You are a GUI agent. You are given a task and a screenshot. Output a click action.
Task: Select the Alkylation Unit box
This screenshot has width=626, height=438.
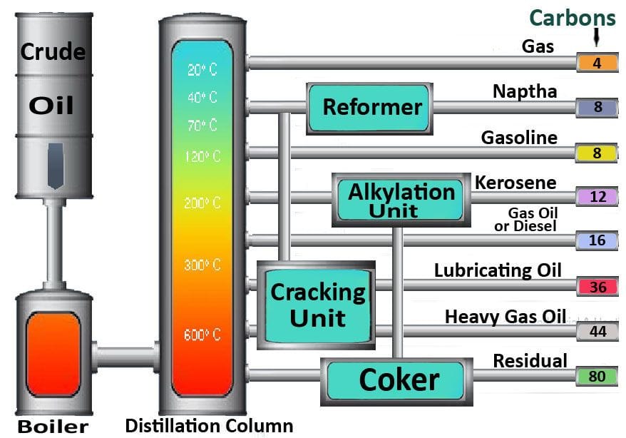[401, 198]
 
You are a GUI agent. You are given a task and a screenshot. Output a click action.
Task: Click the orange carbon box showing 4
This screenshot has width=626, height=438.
[597, 63]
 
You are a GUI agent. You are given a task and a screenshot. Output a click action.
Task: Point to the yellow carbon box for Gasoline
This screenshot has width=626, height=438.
[597, 152]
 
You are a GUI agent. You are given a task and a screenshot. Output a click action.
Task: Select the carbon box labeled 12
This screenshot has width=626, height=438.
[597, 196]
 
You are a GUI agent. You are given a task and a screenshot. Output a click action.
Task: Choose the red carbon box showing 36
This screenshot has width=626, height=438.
[597, 286]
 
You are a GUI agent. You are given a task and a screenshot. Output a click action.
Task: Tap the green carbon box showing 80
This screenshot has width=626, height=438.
[597, 375]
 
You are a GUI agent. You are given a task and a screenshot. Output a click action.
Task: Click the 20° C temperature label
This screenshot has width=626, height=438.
[202, 70]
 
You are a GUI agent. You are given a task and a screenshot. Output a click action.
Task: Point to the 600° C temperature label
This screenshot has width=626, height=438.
[202, 335]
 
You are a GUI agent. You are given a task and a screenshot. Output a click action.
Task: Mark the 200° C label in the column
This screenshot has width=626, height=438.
[202, 203]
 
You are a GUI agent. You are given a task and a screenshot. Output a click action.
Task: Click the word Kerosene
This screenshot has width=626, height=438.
[515, 183]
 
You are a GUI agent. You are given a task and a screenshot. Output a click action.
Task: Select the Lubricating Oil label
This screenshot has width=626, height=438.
[498, 270]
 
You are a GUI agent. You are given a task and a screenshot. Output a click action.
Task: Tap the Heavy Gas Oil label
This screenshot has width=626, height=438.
[505, 316]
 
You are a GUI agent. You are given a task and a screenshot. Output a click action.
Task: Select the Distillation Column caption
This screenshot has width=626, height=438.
[209, 426]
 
